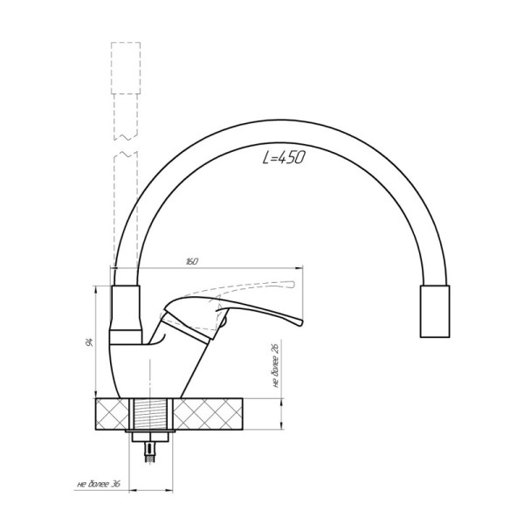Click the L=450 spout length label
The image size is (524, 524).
click(284, 157)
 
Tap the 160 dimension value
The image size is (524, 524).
click(191, 261)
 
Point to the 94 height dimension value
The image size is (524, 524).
click(89, 342)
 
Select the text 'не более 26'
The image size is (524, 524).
click(275, 365)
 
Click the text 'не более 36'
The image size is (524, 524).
click(99, 484)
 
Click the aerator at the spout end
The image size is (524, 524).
click(435, 311)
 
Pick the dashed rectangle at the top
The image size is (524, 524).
click(126, 68)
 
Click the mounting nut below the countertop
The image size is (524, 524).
click(150, 437)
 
